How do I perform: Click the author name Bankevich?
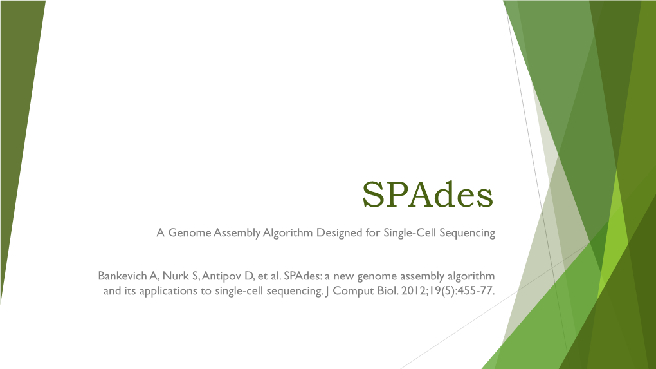coord(122,276)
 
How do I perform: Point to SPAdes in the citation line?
coord(302,276)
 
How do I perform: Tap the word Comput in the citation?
coord(352,292)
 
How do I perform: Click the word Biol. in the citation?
coord(386,292)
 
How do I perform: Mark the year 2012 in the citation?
coord(414,292)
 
